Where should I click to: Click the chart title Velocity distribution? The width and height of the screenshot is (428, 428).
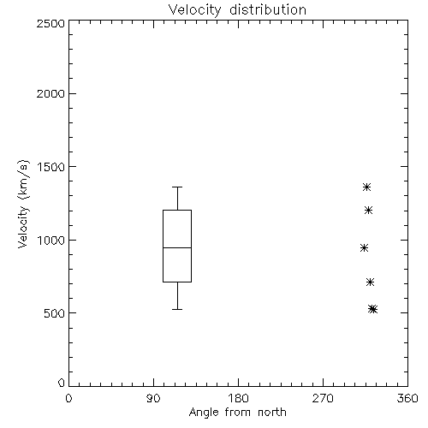(237, 10)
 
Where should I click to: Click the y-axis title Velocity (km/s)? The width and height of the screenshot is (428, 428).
(23, 204)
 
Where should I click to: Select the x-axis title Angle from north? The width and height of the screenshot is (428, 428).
(237, 413)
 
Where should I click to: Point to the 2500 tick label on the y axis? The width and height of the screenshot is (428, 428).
(51, 23)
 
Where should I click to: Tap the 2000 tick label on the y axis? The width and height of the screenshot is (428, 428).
(51, 93)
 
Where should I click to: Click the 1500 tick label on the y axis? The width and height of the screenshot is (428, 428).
(51, 167)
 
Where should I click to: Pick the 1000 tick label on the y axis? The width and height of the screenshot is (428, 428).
(51, 241)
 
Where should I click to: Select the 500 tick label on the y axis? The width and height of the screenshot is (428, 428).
(55, 313)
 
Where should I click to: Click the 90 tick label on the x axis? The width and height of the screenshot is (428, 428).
(153, 398)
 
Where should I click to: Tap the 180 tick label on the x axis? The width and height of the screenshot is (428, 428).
(238, 398)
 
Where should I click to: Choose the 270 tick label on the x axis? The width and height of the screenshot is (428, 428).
(323, 398)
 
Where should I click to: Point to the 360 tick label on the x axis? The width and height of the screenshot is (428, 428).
(407, 398)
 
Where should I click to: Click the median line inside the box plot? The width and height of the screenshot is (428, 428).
(177, 247)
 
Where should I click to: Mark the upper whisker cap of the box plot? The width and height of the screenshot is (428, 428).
(177, 187)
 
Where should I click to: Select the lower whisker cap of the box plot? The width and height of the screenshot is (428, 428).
(177, 309)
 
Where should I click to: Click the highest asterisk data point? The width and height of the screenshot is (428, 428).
(366, 187)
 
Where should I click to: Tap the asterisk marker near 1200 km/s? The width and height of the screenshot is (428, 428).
(368, 211)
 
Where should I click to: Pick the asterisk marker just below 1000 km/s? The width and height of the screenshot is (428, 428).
(364, 248)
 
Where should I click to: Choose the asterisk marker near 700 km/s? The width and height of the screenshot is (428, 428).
(370, 282)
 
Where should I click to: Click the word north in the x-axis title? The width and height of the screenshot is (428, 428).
(272, 413)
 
